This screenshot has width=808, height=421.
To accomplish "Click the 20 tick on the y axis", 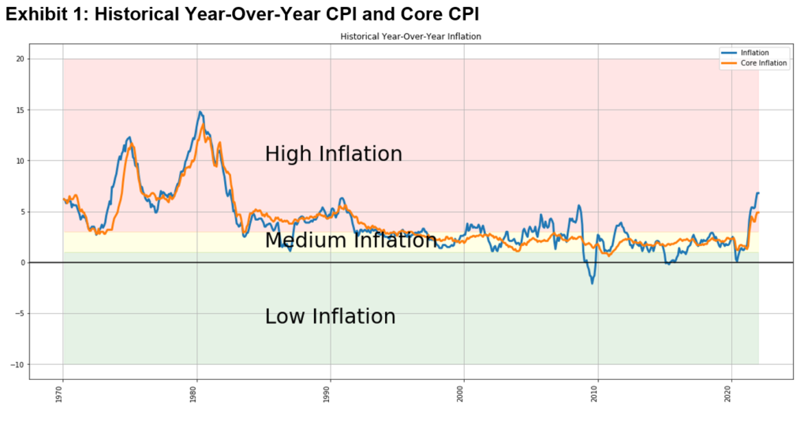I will (x=21, y=59).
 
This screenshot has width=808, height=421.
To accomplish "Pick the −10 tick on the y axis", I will (x=19, y=364).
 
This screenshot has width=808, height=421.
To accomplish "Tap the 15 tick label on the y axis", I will (x=21, y=110).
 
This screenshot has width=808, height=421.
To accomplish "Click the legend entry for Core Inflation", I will (x=764, y=63).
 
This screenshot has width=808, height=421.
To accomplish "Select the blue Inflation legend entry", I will (x=755, y=53).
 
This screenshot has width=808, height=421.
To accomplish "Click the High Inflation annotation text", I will (x=333, y=154).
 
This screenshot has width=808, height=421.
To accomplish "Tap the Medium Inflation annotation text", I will (x=350, y=240).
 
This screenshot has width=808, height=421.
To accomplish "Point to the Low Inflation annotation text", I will (x=330, y=316).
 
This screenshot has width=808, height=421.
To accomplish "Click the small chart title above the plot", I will (x=410, y=36).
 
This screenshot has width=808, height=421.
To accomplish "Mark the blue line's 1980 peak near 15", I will (x=200, y=112).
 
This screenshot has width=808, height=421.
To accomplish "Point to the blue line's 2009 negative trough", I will (x=593, y=283).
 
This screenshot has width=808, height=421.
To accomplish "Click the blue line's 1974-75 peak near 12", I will (x=129, y=137).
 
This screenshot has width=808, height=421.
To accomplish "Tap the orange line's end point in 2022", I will (x=758, y=212).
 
